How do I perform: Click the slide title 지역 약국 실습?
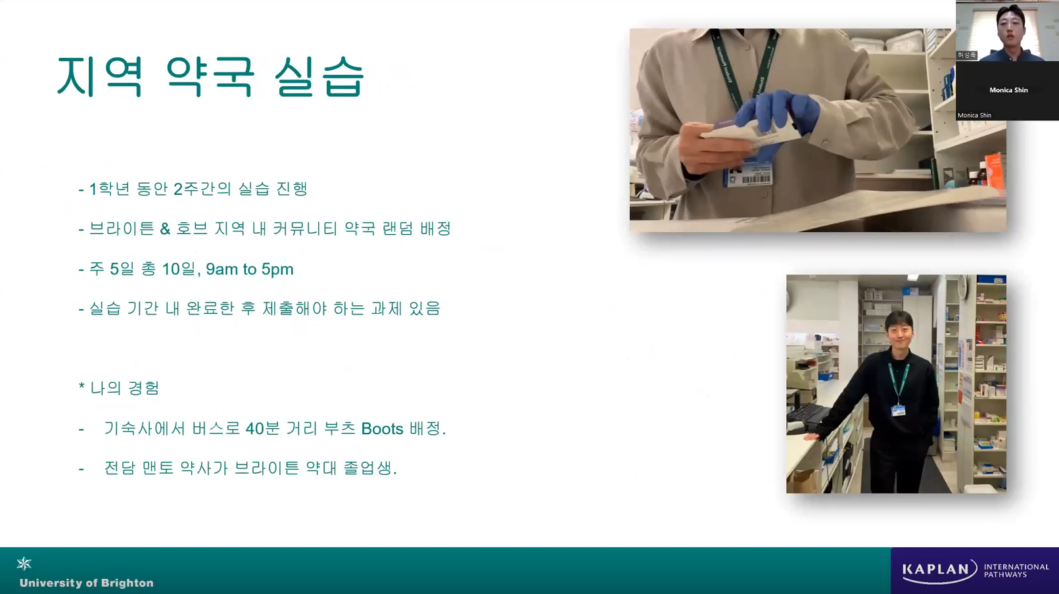[x=210, y=77]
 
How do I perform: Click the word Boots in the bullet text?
[x=382, y=429]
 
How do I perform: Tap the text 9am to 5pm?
[x=250, y=269]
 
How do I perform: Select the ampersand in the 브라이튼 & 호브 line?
[x=165, y=229]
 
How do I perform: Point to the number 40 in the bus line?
[x=255, y=429]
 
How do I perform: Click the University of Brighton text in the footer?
[x=87, y=583]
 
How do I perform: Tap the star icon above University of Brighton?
[x=24, y=563]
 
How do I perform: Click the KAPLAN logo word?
[x=935, y=569]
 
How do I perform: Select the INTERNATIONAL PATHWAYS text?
[x=1016, y=570]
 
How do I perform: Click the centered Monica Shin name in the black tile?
[x=1008, y=90]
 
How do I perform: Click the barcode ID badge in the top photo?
[x=747, y=174]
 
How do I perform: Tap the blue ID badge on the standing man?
[x=898, y=410]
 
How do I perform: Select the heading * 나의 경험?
[x=119, y=388]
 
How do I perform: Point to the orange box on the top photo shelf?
[x=993, y=170]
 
